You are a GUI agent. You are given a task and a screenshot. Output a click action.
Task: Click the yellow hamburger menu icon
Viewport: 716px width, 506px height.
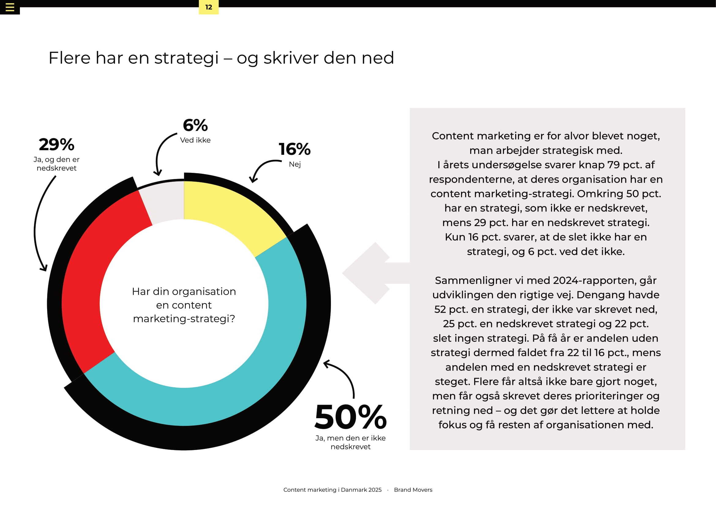point(10,7)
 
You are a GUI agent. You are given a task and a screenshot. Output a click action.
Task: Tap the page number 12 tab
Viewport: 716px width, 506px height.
point(209,7)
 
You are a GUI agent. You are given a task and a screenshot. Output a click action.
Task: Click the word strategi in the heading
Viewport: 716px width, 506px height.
point(186,58)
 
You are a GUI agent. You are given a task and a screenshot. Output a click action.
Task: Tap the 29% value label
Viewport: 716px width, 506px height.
point(56,145)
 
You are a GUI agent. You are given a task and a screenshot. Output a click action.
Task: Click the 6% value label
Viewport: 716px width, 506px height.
point(195,125)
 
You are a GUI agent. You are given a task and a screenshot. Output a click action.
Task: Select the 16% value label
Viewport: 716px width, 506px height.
point(294,149)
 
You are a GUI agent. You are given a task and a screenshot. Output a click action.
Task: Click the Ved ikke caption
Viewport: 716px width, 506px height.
point(195,140)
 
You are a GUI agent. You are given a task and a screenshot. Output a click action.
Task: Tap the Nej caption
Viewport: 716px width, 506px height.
point(295,164)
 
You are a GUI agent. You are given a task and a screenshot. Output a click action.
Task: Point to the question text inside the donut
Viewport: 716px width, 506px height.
point(184,305)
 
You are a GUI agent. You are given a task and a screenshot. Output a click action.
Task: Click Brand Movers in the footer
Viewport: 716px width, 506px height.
point(413,490)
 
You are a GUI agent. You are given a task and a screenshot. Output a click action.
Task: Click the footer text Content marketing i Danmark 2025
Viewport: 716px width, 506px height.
point(332,490)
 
